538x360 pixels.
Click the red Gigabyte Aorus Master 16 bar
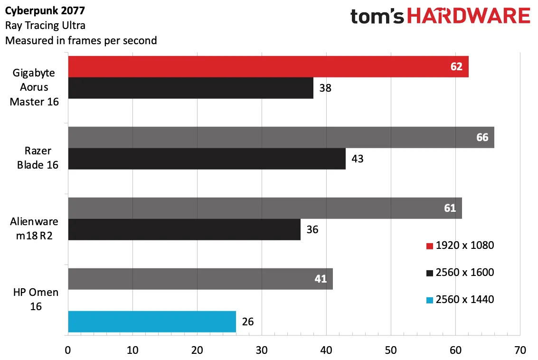268,66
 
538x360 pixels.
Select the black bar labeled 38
191,88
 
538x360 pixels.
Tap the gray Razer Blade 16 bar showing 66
282,137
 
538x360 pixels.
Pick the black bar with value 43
207,159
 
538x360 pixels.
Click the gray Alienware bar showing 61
265,208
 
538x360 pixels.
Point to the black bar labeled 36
184,229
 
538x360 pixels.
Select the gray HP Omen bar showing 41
200,279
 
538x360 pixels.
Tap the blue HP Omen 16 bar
152,322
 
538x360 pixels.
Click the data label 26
248,322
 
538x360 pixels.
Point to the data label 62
456,66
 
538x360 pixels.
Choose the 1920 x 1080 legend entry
460,246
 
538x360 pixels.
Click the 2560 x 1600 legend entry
460,273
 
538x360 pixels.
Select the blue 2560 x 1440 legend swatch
430,300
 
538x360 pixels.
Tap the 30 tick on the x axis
262,351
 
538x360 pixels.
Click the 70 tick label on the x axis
520,351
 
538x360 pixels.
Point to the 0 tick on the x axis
68,351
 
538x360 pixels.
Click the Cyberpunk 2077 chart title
45,10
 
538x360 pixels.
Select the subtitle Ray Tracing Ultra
45,26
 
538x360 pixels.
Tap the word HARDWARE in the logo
469,16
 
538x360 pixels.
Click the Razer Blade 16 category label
38,158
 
